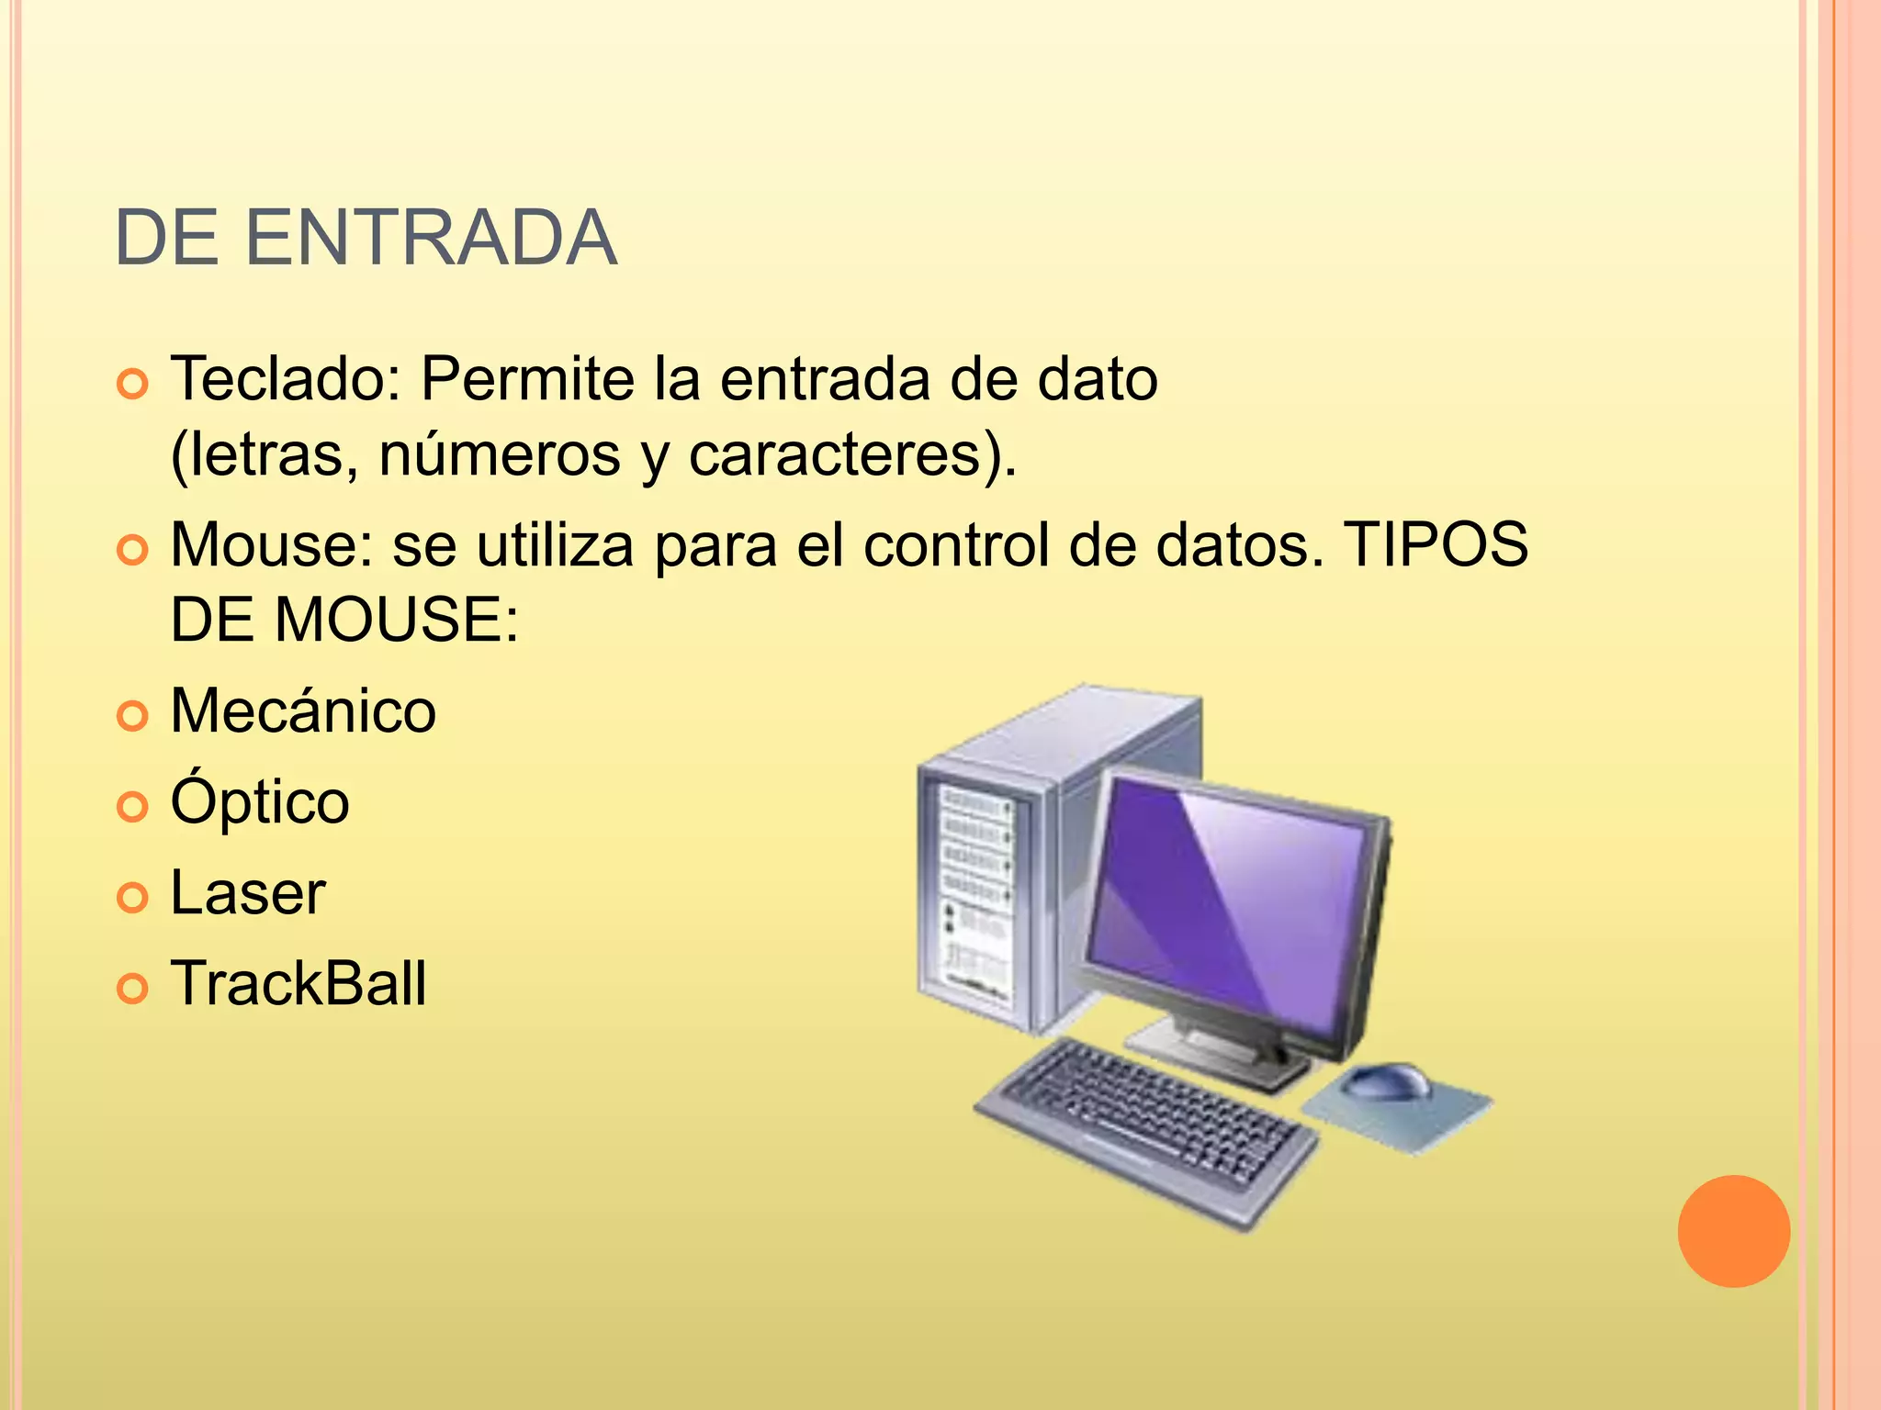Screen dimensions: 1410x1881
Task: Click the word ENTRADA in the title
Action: (431, 239)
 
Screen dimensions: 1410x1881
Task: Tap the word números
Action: (500, 454)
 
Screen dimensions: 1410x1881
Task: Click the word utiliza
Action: (555, 544)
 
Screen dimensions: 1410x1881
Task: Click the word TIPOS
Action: (1436, 544)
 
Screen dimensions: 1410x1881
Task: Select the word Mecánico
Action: (303, 711)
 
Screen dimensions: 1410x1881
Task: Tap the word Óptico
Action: (260, 800)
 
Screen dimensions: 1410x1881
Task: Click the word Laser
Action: (248, 892)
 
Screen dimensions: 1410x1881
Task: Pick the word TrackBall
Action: (298, 983)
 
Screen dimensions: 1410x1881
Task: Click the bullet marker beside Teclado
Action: (133, 384)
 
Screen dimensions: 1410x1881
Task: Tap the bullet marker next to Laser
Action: (133, 897)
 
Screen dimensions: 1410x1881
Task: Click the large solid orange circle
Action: (1733, 1231)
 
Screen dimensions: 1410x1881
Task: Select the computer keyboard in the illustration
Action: (1143, 1129)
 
